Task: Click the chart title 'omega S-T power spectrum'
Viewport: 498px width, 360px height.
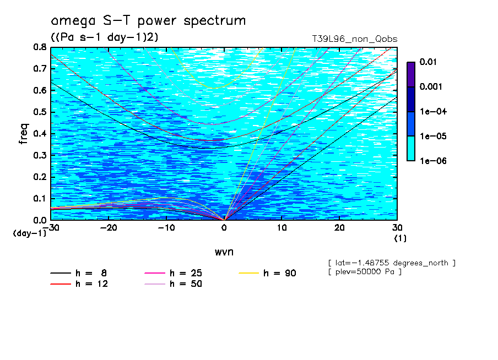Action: (x=148, y=21)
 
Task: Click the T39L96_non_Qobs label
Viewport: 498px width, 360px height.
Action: (x=354, y=39)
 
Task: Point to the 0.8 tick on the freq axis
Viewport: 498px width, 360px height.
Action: (x=40, y=48)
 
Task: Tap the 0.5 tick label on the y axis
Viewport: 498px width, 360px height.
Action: (x=40, y=112)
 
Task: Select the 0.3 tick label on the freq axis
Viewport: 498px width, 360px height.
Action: (x=40, y=155)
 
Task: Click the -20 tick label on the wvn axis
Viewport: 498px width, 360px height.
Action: (x=109, y=228)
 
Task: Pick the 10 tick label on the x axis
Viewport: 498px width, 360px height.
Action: (x=282, y=228)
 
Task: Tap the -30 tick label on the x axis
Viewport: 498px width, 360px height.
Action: (x=51, y=228)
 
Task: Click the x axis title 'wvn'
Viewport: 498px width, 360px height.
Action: (x=224, y=252)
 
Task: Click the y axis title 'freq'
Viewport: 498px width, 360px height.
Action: (x=23, y=134)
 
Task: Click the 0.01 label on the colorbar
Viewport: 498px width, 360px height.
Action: (x=429, y=62)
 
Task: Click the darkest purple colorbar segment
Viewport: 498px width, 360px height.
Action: (x=411, y=74)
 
